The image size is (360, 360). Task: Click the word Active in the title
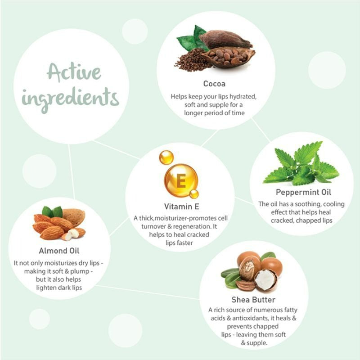(x=74, y=72)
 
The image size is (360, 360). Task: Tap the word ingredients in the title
(x=71, y=99)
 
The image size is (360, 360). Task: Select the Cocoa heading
(x=214, y=84)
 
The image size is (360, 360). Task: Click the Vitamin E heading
(x=182, y=207)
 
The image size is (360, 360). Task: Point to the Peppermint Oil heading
(x=303, y=192)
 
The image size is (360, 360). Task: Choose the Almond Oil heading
(x=59, y=251)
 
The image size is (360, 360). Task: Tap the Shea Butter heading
(x=253, y=300)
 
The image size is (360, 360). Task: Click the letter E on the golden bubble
(x=181, y=181)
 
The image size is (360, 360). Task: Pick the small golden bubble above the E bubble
(x=166, y=157)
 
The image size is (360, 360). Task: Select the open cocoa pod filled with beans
(x=229, y=58)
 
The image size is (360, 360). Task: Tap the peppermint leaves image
(x=301, y=163)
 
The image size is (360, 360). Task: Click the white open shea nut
(x=265, y=279)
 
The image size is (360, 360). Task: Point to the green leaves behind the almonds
(x=52, y=211)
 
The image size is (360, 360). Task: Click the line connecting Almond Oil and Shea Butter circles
(x=148, y=292)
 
